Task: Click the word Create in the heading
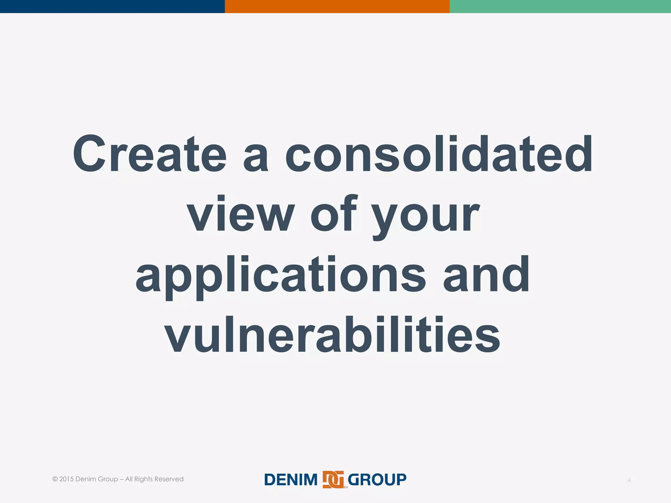point(149,154)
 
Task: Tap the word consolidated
point(439,154)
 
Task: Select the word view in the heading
point(241,214)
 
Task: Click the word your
point(426,216)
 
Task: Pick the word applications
point(280,275)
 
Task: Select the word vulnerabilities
point(332,335)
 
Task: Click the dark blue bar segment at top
point(112,6)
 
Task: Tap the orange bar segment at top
point(337,6)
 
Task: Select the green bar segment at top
point(560,6)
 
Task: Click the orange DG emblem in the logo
point(333,479)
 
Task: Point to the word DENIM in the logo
point(291,480)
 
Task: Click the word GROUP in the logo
point(377,480)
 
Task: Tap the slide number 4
point(629,480)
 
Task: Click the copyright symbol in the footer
point(55,479)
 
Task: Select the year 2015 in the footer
point(67,479)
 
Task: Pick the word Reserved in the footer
point(169,479)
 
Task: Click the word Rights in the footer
point(143,479)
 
